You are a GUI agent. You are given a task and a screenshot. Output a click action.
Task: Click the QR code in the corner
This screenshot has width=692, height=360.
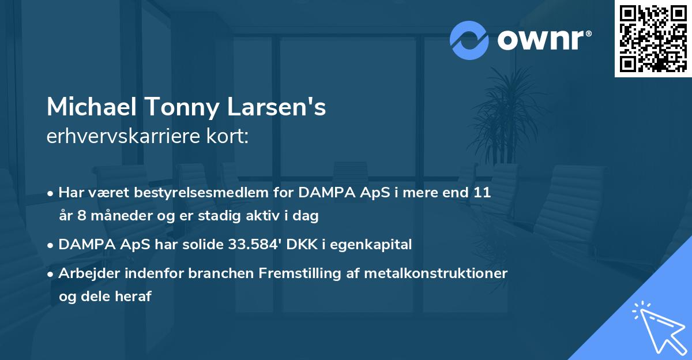click(653, 38)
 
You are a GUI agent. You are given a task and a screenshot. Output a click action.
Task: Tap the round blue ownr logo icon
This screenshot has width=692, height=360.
click(469, 40)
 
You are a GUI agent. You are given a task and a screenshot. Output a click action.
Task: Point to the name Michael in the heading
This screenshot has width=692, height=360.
click(92, 107)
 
